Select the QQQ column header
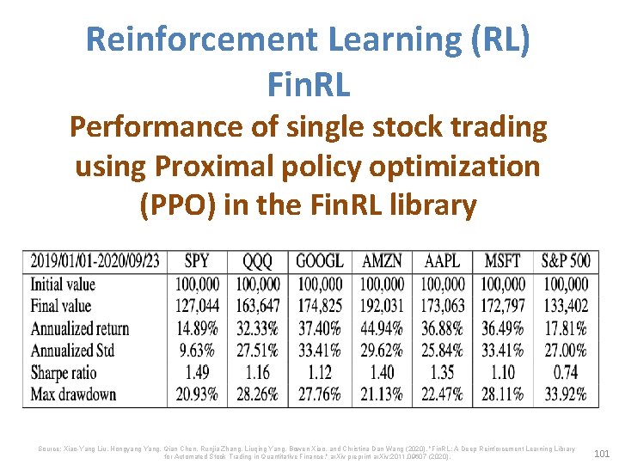click(x=258, y=261)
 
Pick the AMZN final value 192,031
click(x=382, y=306)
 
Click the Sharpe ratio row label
click(x=64, y=373)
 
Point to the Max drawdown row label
click(x=73, y=395)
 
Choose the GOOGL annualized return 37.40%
click(x=320, y=328)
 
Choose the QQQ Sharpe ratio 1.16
click(x=258, y=373)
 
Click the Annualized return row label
click(x=80, y=328)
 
